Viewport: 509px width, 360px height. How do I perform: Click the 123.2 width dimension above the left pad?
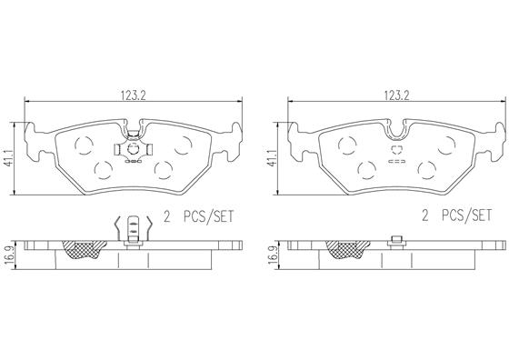[134, 95]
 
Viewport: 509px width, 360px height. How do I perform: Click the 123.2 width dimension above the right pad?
[397, 95]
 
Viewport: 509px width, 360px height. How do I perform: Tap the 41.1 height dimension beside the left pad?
[8, 158]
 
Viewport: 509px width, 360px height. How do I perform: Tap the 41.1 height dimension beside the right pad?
[272, 158]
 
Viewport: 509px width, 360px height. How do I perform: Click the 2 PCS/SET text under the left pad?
[199, 216]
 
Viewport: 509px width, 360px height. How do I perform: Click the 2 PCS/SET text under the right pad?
[457, 215]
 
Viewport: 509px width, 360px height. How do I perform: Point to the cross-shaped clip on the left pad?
[133, 150]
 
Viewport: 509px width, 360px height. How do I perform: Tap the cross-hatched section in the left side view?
[84, 249]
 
